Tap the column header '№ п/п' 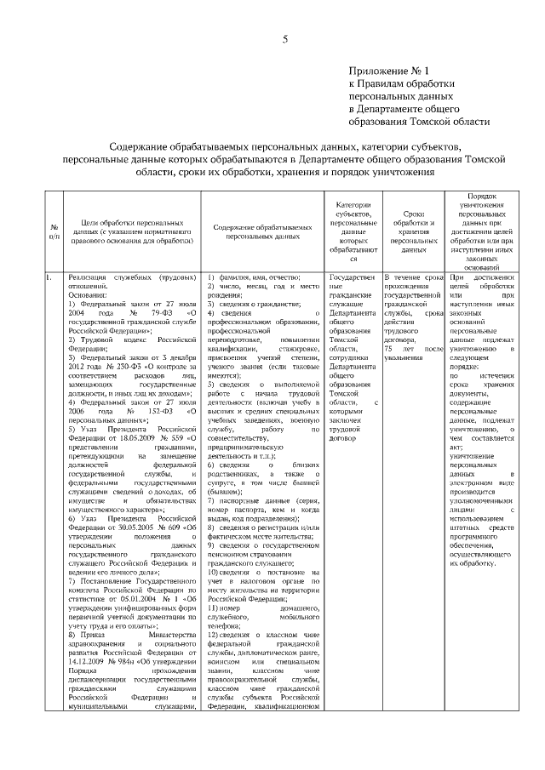(54, 231)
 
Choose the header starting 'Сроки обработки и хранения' (412, 231)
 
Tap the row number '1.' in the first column (49, 277)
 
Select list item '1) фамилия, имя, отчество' (254, 277)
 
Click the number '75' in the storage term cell (389, 349)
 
